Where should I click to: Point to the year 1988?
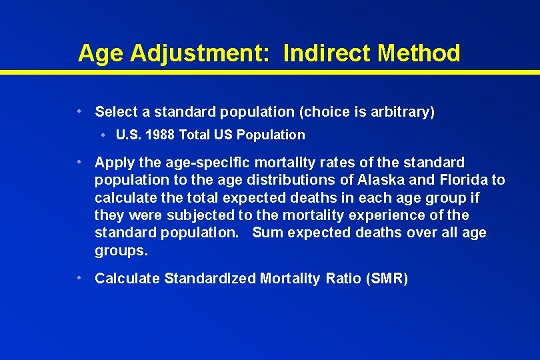point(159,135)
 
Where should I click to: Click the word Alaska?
point(384,180)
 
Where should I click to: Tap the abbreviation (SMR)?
point(387,279)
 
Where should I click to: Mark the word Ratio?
point(343,279)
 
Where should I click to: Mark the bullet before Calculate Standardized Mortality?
point(79,277)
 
